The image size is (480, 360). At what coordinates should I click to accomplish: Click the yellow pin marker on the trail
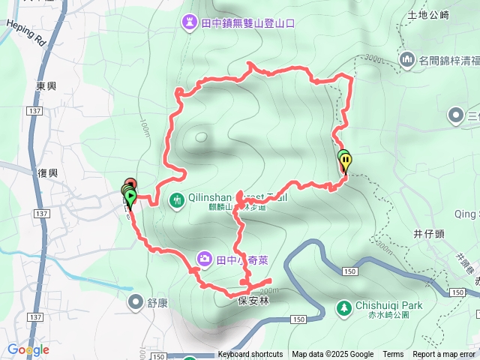coord(346,160)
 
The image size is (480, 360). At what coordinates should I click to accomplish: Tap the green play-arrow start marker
coord(130,198)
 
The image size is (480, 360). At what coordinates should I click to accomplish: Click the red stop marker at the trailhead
coord(130,183)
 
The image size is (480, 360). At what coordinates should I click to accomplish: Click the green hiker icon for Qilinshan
coord(177,199)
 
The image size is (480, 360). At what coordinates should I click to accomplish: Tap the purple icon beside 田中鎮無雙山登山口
coord(188,23)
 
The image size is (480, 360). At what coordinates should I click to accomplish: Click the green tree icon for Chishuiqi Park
coord(344,307)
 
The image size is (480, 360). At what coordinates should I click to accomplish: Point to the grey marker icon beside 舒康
coord(135,302)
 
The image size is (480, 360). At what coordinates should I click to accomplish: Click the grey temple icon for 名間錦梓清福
coord(408,59)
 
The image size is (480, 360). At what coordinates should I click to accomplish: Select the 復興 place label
coord(46,172)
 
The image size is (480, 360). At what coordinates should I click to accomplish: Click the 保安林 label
coord(253,299)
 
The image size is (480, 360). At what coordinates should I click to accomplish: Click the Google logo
coord(28,349)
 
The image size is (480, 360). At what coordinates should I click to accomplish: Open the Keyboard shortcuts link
coord(250,355)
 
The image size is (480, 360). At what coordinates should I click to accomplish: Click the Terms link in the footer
coord(393,355)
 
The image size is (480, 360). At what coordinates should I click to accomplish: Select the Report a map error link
coord(445,355)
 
